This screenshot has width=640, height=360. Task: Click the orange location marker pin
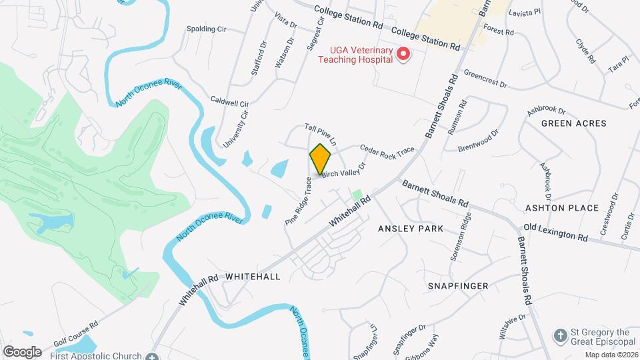point(321,159)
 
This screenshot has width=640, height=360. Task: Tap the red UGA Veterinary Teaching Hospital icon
point(403,53)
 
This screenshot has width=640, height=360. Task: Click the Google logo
point(22,351)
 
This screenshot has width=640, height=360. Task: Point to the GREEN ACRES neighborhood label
point(573,123)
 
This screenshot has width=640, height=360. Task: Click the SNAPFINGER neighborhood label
point(458,286)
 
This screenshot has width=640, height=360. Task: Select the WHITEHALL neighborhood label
point(253,276)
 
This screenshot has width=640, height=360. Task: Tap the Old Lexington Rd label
point(555,233)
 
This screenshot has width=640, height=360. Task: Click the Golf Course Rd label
point(75,332)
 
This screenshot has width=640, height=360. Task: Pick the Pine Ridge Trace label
point(299,201)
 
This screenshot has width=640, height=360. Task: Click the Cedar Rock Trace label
point(387,152)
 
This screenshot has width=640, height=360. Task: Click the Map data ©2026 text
point(611,355)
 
